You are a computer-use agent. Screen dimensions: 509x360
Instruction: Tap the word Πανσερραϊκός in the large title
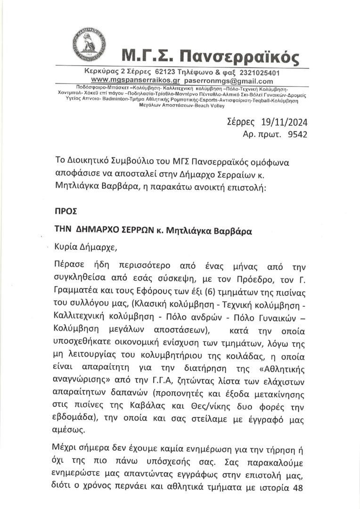[240, 57]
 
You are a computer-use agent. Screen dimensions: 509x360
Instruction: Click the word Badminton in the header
[105, 100]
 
